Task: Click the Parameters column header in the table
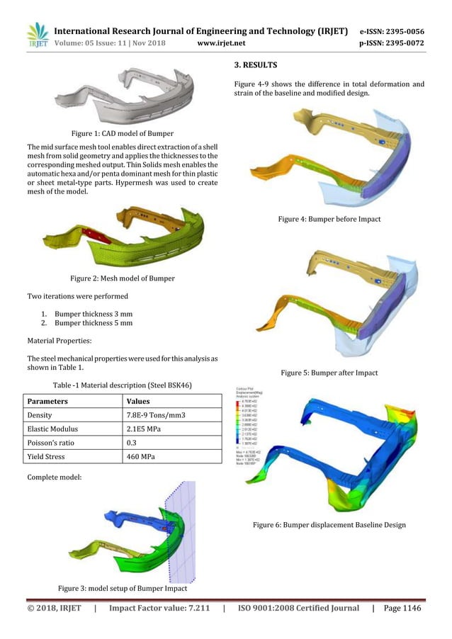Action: [48, 401]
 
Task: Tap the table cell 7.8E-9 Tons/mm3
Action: [155, 415]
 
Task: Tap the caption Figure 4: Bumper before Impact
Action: [329, 220]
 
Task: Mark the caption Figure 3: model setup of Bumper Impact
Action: [122, 589]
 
